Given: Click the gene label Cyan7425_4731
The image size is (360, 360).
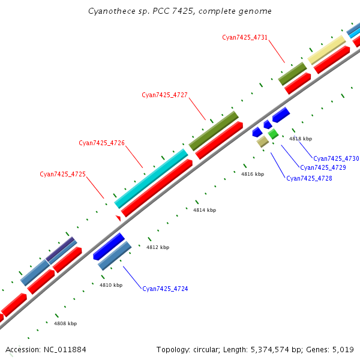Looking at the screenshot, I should tap(245, 37).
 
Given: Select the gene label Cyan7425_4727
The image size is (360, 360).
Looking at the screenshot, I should tap(164, 95).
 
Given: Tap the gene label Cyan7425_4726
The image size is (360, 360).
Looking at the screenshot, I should tap(101, 143).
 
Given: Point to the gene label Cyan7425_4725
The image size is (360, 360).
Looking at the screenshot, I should tap(62, 174).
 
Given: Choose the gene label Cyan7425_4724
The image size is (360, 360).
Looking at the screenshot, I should tap(165, 289).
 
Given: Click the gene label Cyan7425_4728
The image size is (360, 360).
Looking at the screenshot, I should tap(309, 178).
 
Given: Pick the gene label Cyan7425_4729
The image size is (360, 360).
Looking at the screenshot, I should tap(323, 167).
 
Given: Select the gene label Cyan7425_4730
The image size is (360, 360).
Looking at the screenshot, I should tap(336, 158).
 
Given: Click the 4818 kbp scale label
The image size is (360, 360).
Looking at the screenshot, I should tap(301, 139).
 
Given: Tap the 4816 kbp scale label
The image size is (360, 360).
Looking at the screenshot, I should tap(253, 174).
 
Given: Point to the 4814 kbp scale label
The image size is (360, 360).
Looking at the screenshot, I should tap(205, 210).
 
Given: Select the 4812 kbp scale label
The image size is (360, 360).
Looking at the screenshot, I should tap(158, 247).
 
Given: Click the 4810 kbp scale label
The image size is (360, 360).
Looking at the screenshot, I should tap(111, 285).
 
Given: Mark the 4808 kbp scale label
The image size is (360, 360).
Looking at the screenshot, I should tap(65, 323).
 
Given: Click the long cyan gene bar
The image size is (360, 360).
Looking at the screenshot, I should tap(151, 178).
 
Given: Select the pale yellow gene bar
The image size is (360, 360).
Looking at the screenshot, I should tap(327, 49).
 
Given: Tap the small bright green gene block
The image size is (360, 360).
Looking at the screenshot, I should tap(273, 134).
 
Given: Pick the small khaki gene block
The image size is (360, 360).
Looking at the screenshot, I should tap(262, 142).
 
